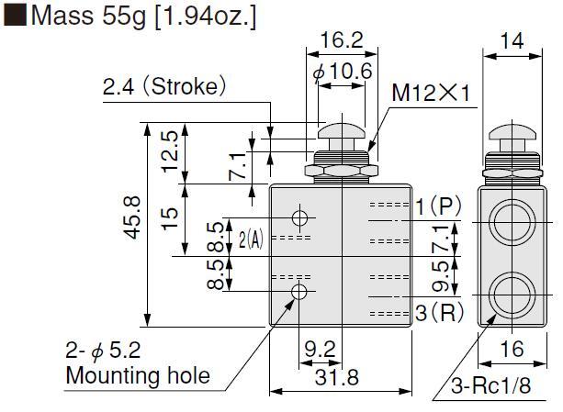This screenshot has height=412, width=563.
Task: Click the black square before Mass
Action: (15, 15)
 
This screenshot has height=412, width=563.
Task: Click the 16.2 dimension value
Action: (342, 39)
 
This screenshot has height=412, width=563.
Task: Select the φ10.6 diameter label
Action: (343, 72)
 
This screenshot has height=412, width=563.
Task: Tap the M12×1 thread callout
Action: (431, 93)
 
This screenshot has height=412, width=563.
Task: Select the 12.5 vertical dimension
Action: (170, 152)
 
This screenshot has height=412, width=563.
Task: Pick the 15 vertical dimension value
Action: (170, 218)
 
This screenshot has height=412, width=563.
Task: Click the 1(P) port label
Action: (438, 206)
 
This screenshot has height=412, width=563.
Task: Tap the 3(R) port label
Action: (440, 312)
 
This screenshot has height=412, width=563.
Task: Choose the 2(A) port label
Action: (251, 239)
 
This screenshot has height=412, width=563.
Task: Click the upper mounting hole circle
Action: (299, 217)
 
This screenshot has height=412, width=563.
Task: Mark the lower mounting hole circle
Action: (299, 292)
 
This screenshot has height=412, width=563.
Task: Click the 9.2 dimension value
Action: (320, 349)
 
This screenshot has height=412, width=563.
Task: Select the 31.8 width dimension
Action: (337, 377)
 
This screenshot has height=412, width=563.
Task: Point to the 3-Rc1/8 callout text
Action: (490, 385)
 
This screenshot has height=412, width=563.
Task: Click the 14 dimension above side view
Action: (512, 41)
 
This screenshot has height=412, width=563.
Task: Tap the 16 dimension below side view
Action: (512, 349)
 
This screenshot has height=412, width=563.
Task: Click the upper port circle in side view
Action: (512, 223)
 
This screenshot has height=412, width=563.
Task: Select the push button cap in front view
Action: (342, 130)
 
